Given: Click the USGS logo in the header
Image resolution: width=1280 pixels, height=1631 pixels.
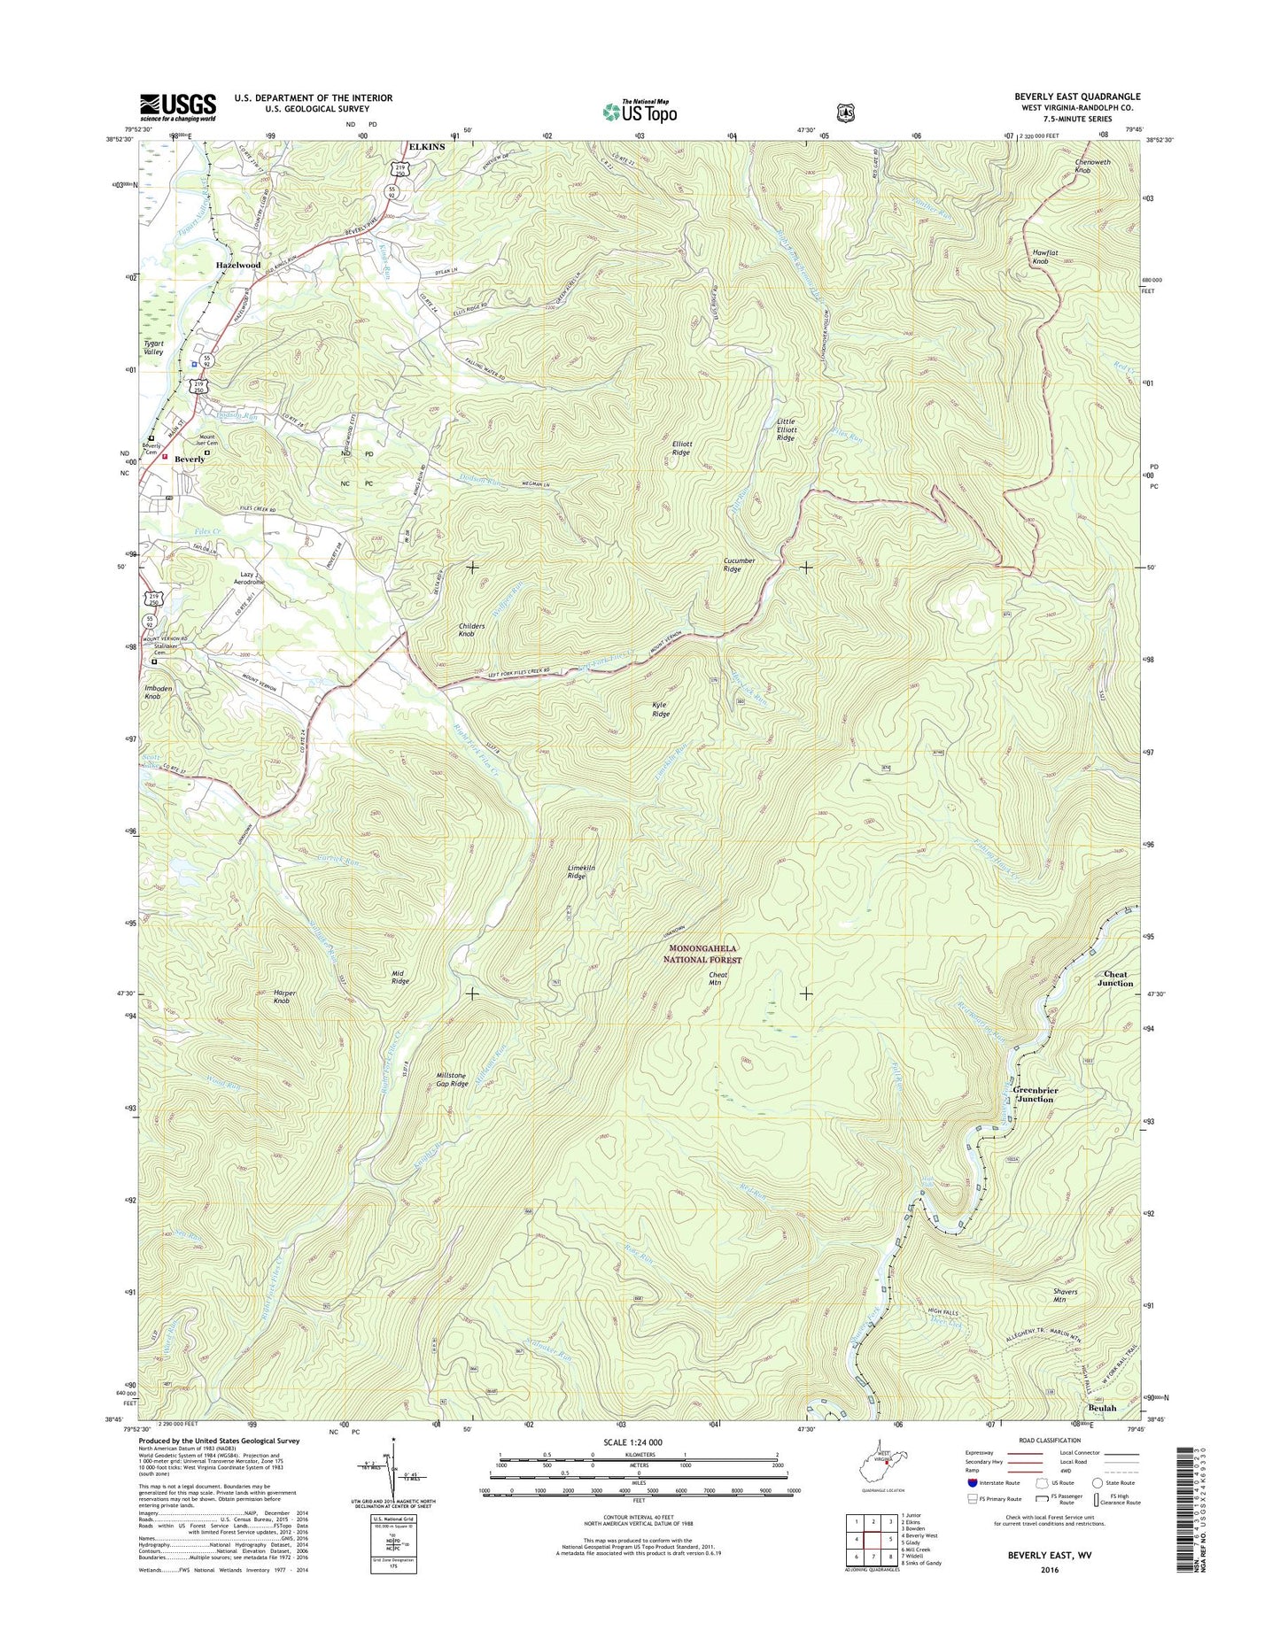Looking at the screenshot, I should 177,107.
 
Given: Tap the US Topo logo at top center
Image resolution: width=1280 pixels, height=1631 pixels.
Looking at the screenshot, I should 640,111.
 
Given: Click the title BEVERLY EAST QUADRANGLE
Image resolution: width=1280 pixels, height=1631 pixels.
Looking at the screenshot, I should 1077,97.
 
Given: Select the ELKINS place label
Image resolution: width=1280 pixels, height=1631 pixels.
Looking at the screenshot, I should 426,147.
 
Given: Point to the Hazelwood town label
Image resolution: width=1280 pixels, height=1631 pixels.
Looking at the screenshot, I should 238,265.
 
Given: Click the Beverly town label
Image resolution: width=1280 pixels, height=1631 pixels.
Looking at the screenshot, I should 190,460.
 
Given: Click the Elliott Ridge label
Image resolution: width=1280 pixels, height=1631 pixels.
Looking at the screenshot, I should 680,448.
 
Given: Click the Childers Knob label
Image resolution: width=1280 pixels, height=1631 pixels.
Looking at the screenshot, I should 471,630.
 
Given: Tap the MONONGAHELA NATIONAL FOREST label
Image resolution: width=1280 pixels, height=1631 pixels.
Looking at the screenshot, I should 705,954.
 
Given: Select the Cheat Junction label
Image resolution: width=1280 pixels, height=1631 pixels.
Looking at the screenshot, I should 1115,978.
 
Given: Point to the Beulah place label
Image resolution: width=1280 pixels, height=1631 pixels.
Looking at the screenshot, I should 1103,1408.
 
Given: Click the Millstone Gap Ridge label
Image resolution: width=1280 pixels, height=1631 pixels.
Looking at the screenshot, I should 452,1079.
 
